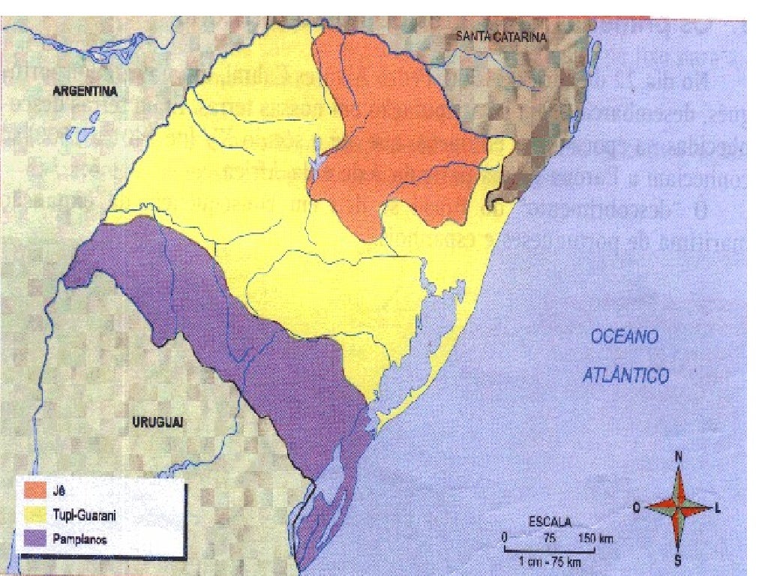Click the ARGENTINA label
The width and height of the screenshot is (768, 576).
click(x=87, y=91)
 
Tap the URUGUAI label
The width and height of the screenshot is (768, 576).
click(x=158, y=422)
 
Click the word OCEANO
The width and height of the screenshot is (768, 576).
click(x=625, y=337)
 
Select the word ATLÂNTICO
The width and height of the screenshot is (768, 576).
click(x=625, y=374)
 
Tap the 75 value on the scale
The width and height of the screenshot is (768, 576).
click(x=550, y=538)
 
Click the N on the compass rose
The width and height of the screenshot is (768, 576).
click(x=678, y=456)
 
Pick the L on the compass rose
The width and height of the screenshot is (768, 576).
click(x=718, y=508)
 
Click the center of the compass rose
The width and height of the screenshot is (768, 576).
click(x=678, y=507)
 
